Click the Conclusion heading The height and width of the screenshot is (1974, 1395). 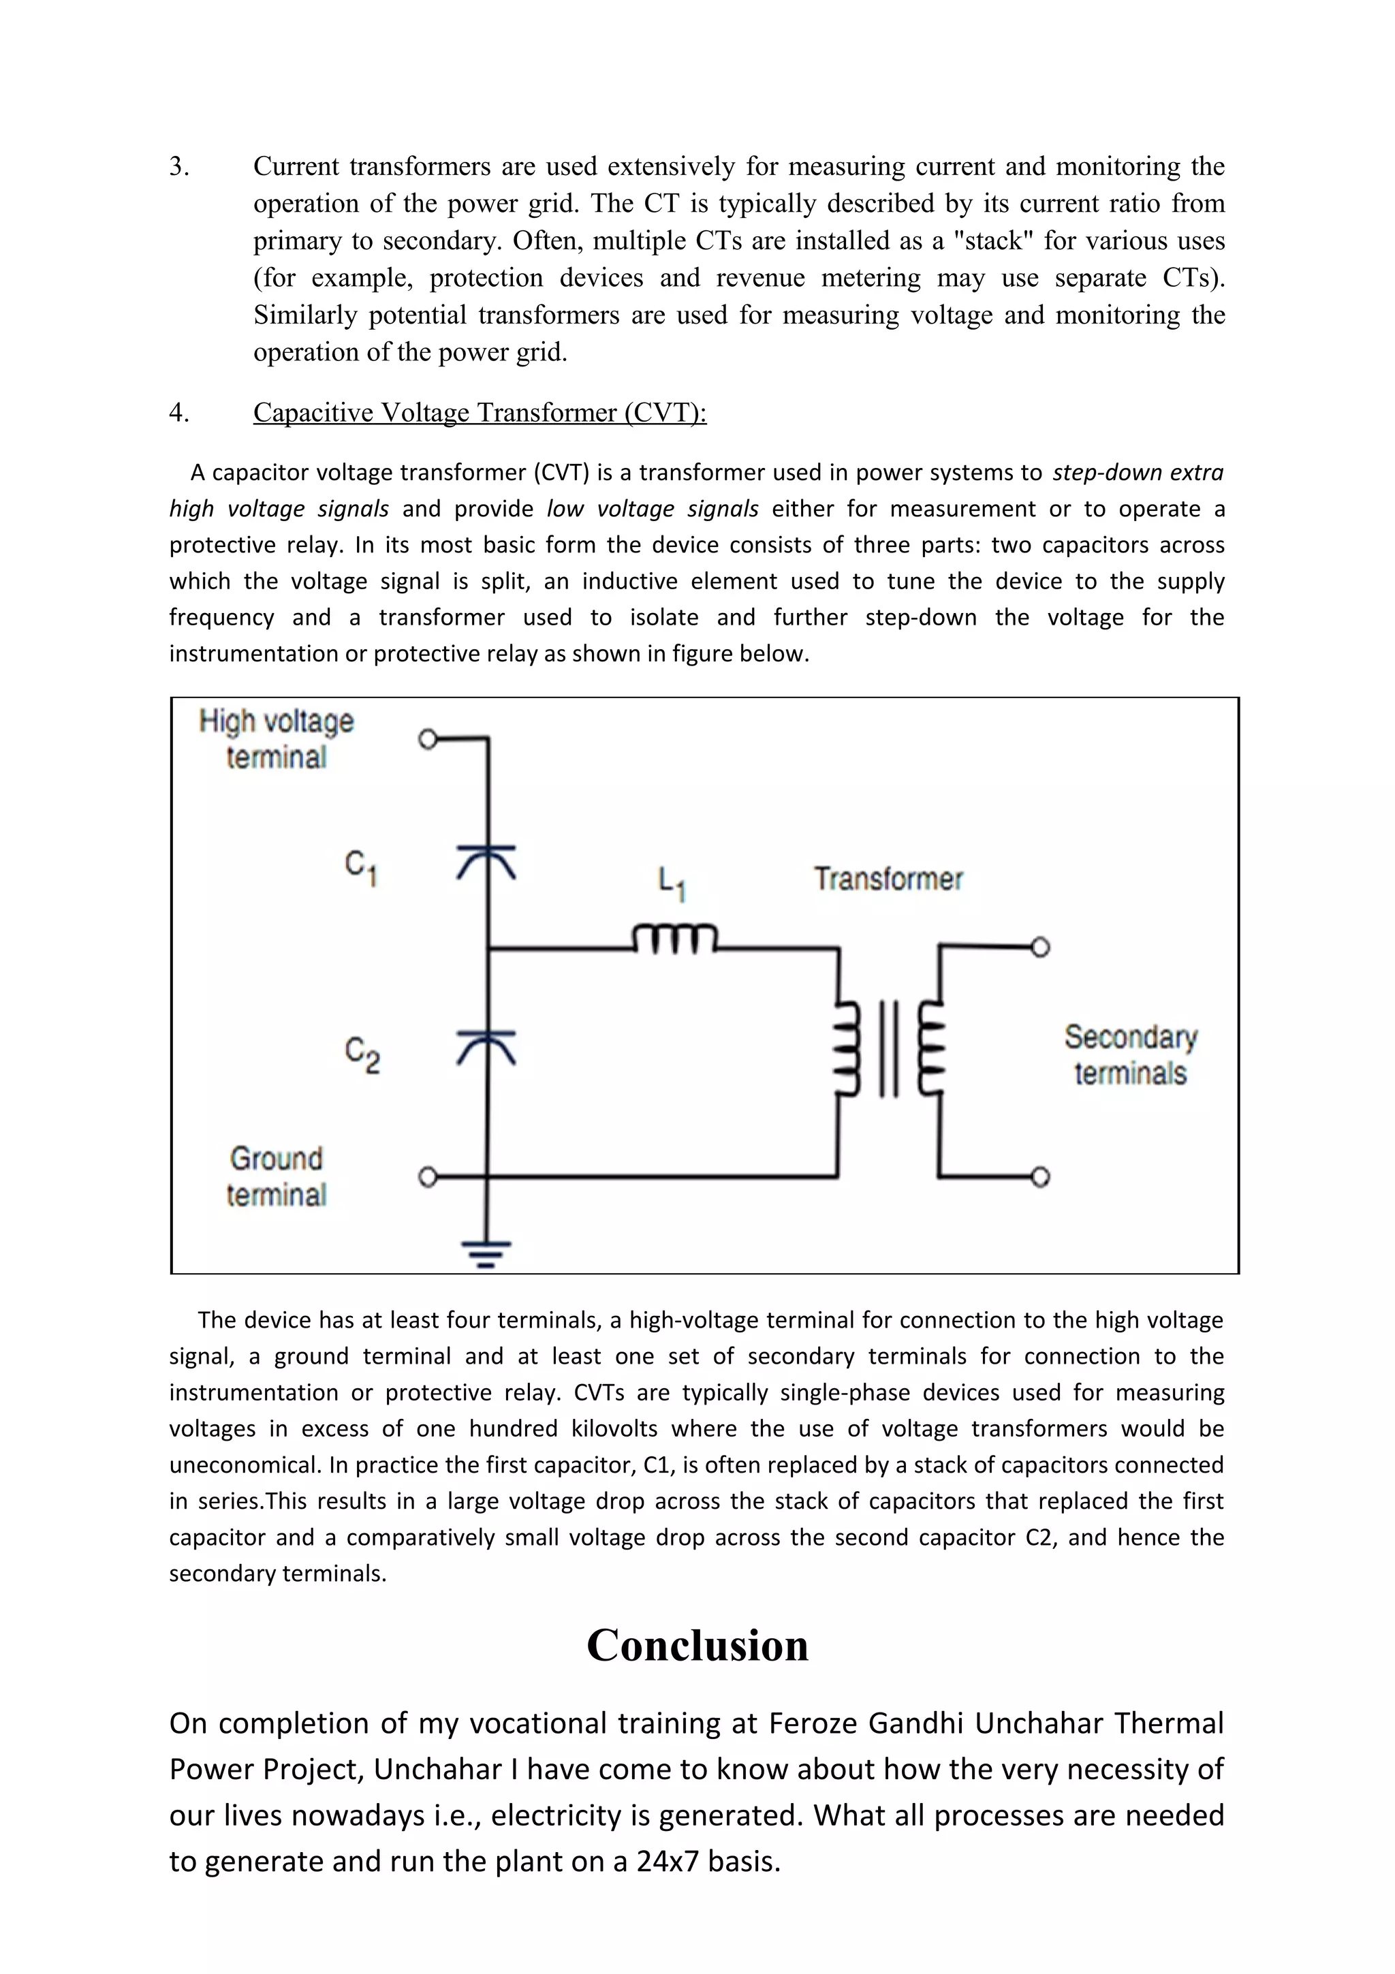[x=697, y=1646]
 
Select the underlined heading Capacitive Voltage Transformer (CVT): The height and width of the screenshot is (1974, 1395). [x=480, y=413]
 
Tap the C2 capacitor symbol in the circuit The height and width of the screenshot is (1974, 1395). [x=486, y=1047]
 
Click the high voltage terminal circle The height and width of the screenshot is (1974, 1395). [x=428, y=738]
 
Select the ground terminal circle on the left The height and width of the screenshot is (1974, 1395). [x=428, y=1177]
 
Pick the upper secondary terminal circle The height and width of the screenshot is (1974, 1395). [x=1040, y=947]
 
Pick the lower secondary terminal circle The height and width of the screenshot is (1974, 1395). [x=1040, y=1177]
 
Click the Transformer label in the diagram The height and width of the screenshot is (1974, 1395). [x=888, y=879]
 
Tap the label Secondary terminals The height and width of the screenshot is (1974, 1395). [x=1130, y=1055]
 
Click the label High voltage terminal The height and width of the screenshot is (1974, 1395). [x=276, y=738]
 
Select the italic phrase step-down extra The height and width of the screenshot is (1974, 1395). [x=1137, y=473]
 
